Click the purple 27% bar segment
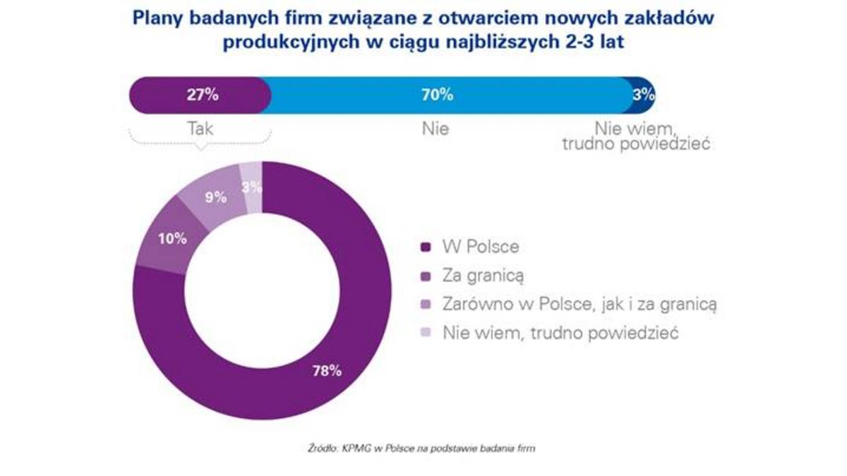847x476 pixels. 200,96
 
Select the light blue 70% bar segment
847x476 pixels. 452,96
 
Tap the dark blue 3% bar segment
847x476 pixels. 644,96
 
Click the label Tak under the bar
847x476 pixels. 200,130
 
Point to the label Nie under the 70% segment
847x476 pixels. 436,130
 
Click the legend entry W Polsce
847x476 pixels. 480,247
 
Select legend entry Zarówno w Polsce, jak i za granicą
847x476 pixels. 579,304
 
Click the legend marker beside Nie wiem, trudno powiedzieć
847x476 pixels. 425,333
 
